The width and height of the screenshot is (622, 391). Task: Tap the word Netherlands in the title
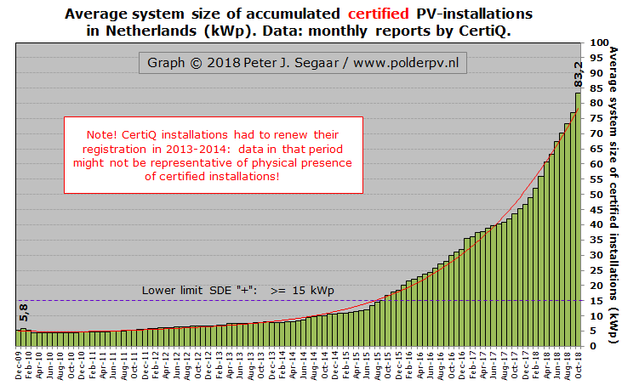pos(174,31)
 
